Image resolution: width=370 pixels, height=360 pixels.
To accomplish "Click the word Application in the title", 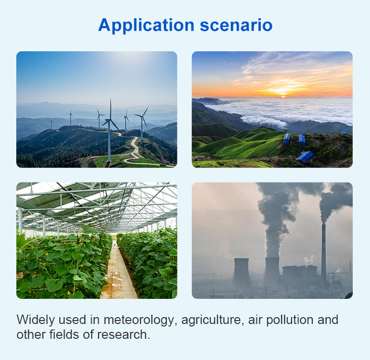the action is pyautogui.click(x=146, y=26).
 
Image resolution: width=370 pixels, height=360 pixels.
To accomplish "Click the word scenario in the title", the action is pyautogui.click(x=236, y=26).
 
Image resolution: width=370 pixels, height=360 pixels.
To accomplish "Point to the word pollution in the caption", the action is pyautogui.click(x=290, y=321).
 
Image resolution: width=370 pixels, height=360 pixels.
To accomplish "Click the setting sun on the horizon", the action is pyautogui.click(x=283, y=96).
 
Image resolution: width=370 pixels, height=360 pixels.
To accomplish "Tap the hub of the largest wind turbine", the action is pyautogui.click(x=110, y=120).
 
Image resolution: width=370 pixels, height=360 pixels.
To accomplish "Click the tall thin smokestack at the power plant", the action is pyautogui.click(x=324, y=252).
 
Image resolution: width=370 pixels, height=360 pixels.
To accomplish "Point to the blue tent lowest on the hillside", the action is pyautogui.click(x=305, y=156).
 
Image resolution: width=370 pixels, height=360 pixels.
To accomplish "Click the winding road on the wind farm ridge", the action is pyautogui.click(x=134, y=151).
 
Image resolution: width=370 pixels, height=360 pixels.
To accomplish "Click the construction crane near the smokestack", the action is pyautogui.click(x=335, y=277).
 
